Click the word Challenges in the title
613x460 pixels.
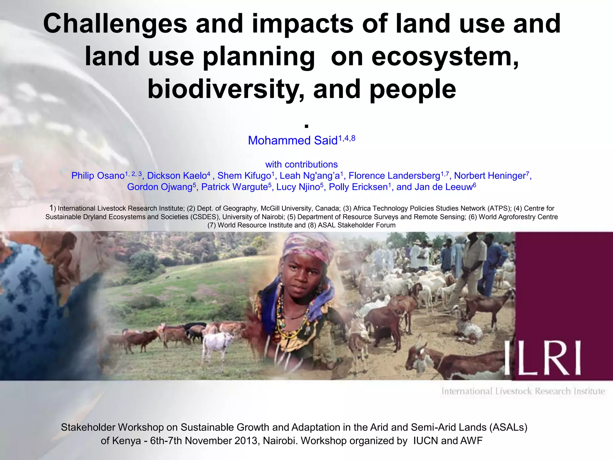pyautogui.click(x=115, y=24)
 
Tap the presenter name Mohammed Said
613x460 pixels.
pyautogui.click(x=293, y=140)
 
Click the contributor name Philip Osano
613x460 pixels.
pyautogui.click(x=98, y=176)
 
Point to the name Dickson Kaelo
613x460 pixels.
pyautogui.click(x=177, y=176)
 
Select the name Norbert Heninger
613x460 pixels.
pyautogui.click(x=490, y=176)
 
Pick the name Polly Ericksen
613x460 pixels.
pyautogui.click(x=358, y=187)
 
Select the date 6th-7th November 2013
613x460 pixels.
pyautogui.click(x=205, y=441)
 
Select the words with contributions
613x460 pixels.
pyautogui.click(x=301, y=164)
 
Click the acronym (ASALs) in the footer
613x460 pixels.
pyautogui.click(x=509, y=427)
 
